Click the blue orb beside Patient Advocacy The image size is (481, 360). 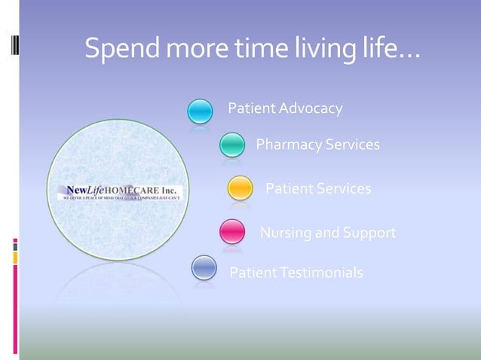(x=201, y=111)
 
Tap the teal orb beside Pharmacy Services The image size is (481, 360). (x=232, y=144)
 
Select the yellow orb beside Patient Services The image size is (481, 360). (x=240, y=188)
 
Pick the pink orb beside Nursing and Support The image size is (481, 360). (x=232, y=231)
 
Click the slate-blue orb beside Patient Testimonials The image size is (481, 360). (x=204, y=268)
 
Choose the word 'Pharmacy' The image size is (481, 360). (x=289, y=144)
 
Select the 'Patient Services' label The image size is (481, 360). (x=318, y=188)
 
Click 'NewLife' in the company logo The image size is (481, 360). (x=84, y=188)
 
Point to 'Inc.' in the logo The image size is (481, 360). (x=167, y=188)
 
